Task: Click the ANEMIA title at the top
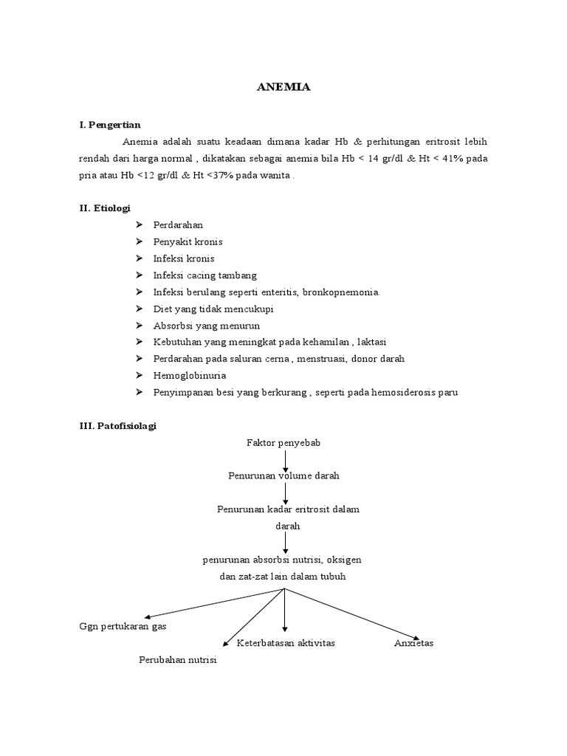pos(283,87)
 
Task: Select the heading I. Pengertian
pos(110,125)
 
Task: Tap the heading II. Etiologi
pos(105,209)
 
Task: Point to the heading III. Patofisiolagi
pos(118,426)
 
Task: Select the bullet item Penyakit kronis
pos(188,241)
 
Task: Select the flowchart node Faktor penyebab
pos(283,442)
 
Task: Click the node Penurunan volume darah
pos(283,476)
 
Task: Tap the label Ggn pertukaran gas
pos(123,626)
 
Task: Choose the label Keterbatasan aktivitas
pos(286,643)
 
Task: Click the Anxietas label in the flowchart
pos(414,643)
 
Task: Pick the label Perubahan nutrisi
pos(177,659)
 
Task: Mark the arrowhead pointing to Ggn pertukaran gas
pos(148,616)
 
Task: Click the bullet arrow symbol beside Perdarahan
pos(139,224)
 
